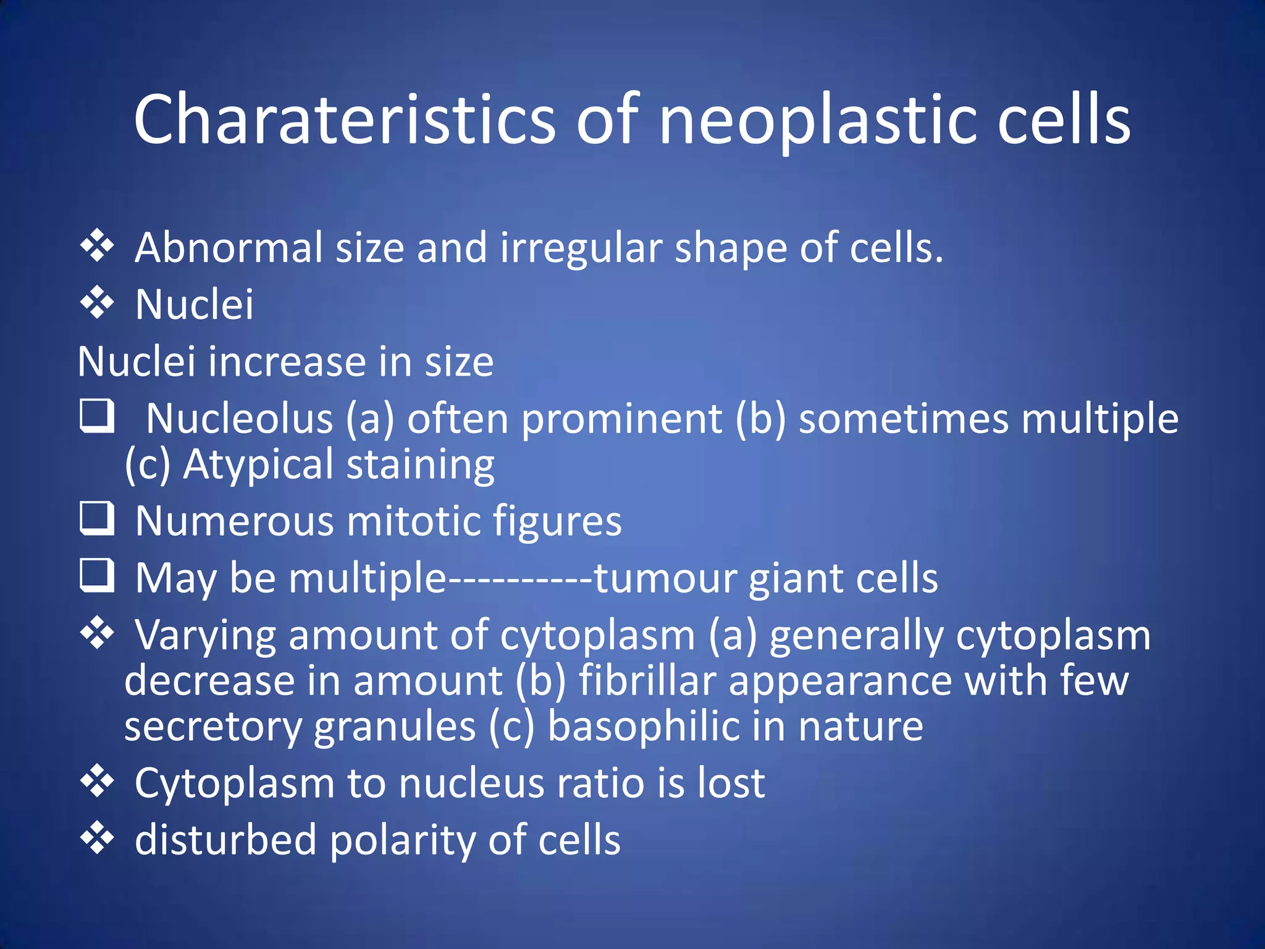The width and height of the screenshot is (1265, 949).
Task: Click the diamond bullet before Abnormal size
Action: point(98,246)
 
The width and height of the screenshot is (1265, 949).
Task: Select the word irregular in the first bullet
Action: point(581,247)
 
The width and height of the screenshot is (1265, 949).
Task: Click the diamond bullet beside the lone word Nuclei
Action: point(98,303)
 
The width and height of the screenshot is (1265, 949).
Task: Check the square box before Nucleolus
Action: point(98,415)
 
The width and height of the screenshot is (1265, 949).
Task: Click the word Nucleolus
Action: point(240,419)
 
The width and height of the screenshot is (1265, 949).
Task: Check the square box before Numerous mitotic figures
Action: point(98,518)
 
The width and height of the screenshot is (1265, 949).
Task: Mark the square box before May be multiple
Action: point(98,575)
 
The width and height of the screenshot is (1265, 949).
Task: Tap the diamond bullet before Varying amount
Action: point(98,633)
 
